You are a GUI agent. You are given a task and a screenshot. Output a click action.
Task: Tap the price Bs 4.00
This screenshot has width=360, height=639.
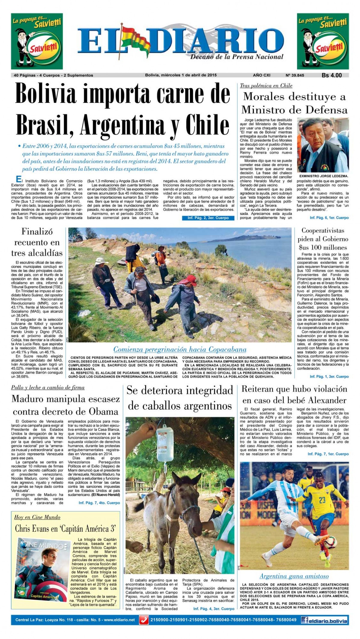tap(331, 75)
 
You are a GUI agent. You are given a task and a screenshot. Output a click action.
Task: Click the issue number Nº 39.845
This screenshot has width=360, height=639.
tap(295, 75)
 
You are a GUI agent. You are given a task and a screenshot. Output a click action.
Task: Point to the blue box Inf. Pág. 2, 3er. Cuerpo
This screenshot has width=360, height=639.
tap(208, 218)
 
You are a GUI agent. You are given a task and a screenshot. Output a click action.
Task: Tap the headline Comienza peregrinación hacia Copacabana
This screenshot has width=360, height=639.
tap(180, 349)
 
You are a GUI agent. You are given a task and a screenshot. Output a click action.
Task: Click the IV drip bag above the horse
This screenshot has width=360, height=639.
tap(164, 440)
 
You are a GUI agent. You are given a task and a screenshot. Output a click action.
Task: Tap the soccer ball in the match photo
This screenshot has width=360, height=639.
tap(330, 542)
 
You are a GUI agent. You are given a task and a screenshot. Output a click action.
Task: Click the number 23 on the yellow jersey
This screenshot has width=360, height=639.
tap(322, 500)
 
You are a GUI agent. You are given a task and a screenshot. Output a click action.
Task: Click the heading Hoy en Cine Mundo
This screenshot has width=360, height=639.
tap(37, 517)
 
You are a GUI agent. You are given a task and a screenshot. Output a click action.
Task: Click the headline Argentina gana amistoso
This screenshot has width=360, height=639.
tap(294, 576)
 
